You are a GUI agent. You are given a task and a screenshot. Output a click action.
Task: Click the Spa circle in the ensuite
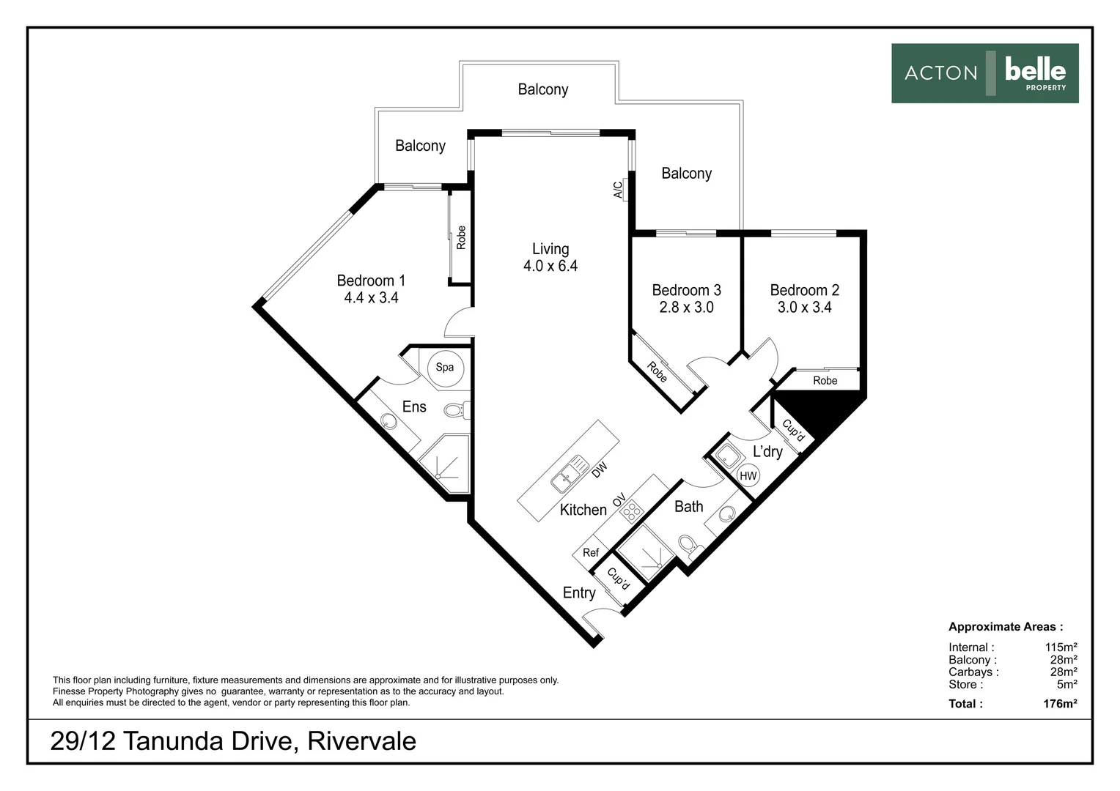pyautogui.click(x=445, y=368)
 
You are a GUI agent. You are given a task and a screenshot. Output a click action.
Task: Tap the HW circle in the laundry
pyautogui.click(x=748, y=476)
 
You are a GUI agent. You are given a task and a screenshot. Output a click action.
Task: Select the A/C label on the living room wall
pyautogui.click(x=618, y=190)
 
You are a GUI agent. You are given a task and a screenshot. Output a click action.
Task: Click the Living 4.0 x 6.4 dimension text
pyautogui.click(x=550, y=266)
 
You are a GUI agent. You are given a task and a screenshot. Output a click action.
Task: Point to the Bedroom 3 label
pyautogui.click(x=686, y=290)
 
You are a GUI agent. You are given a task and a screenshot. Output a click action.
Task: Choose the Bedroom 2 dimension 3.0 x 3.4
pyautogui.click(x=805, y=307)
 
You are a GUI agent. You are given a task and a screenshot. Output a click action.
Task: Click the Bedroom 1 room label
pyautogui.click(x=371, y=281)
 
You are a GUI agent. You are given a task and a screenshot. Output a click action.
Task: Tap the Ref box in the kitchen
pyautogui.click(x=591, y=552)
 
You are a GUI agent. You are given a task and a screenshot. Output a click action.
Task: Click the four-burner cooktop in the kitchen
pyautogui.click(x=632, y=510)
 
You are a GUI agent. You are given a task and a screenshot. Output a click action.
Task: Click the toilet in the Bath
pyautogui.click(x=690, y=546)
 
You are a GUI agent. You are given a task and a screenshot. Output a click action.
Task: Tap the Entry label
pyautogui.click(x=579, y=593)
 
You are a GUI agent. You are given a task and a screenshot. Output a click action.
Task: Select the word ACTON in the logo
pyautogui.click(x=940, y=73)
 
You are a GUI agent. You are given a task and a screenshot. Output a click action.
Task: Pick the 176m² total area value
pyautogui.click(x=1060, y=704)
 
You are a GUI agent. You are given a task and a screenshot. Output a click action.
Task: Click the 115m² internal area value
pyautogui.click(x=1061, y=647)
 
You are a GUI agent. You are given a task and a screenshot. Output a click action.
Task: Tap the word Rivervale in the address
pyautogui.click(x=361, y=740)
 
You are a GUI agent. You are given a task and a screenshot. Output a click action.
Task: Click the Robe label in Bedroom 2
pyautogui.click(x=825, y=381)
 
